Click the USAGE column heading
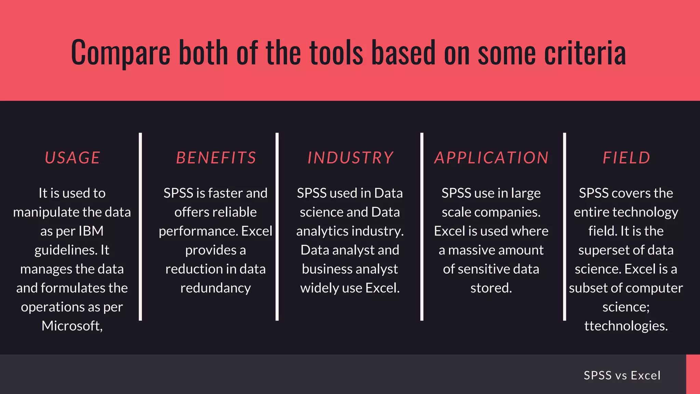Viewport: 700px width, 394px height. [72, 158]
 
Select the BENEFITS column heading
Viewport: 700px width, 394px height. [216, 158]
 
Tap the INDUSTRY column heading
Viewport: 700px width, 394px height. [350, 158]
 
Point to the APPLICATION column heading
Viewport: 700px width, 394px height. [492, 158]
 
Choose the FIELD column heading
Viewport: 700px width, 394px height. [626, 158]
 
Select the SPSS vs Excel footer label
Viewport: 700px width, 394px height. [622, 375]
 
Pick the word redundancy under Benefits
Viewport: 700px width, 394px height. [215, 288]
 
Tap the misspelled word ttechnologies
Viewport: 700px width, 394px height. [625, 326]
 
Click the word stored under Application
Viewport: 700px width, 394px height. [491, 288]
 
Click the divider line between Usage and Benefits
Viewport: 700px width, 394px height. [140, 226]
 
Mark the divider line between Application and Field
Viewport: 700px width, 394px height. [564, 226]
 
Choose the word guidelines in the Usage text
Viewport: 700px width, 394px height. [65, 250]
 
